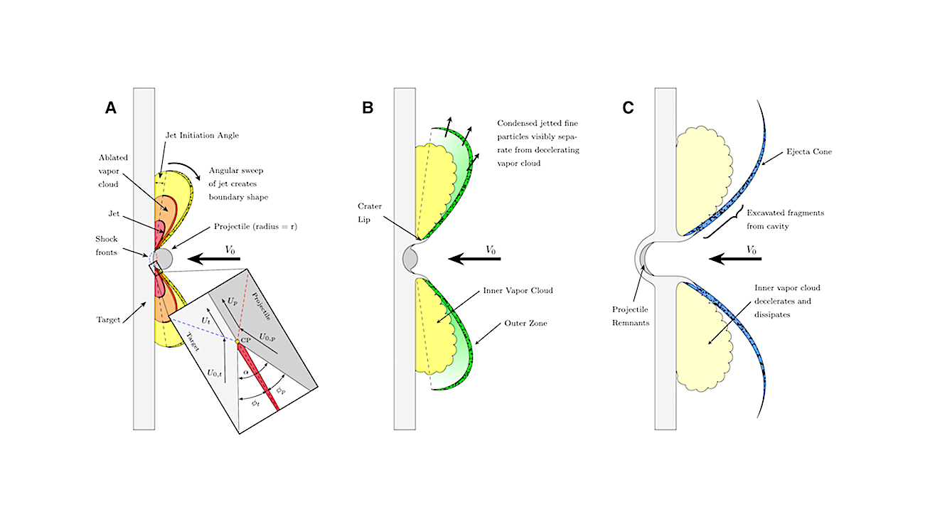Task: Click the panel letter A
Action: (x=110, y=107)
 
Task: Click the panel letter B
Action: (x=368, y=107)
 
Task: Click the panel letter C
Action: (x=628, y=107)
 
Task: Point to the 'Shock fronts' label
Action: (x=110, y=245)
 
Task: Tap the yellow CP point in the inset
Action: (x=237, y=341)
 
